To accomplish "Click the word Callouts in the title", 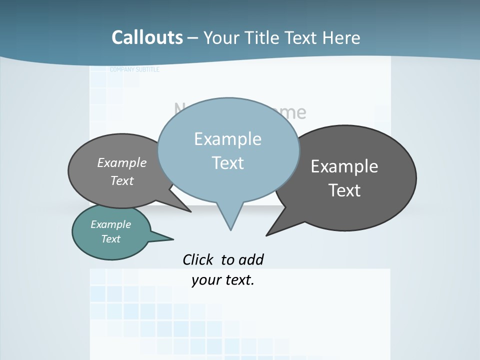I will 147,37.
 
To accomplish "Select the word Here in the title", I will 341,37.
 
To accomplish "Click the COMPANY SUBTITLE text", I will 134,69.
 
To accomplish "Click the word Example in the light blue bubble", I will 227,139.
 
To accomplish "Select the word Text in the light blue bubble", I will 227,163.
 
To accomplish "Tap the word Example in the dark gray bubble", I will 344,166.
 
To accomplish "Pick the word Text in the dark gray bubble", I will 344,190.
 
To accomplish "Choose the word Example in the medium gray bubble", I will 122,163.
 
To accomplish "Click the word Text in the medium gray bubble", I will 122,180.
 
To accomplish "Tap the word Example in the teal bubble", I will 110,224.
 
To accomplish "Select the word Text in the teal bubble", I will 110,239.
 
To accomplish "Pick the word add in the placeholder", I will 250,259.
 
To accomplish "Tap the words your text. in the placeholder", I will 223,280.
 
